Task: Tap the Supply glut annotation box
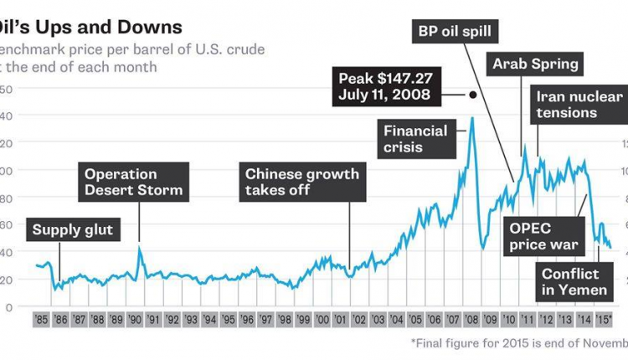pyautogui.click(x=73, y=228)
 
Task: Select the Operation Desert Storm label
pyautogui.click(x=134, y=183)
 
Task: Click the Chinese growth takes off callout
pyautogui.click(x=301, y=183)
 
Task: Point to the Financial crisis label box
pyautogui.click(x=415, y=139)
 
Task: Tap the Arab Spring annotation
pyautogui.click(x=535, y=64)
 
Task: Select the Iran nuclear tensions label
pyautogui.click(x=567, y=104)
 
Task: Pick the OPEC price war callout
pyautogui.click(x=544, y=236)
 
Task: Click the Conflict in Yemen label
pyautogui.click(x=570, y=282)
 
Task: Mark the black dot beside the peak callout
pyautogui.click(x=473, y=95)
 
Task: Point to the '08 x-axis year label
pyautogui.click(x=471, y=320)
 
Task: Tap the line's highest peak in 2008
pyautogui.click(x=472, y=118)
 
